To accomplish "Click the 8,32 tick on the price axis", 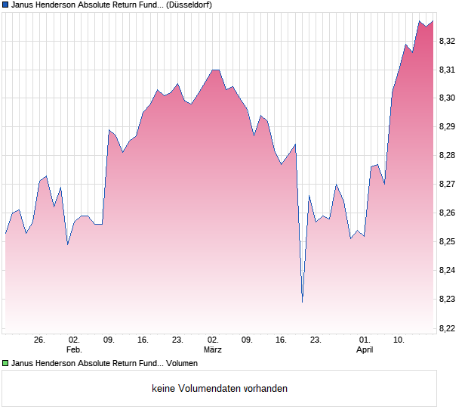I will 448,41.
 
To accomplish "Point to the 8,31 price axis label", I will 448,70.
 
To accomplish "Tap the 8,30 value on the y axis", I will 448,98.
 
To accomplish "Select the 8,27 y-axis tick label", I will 448,185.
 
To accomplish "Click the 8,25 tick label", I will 448,242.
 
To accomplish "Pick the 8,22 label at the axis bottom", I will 448,328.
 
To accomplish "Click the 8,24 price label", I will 448,271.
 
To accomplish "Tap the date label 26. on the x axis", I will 40,340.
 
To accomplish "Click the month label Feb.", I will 74,350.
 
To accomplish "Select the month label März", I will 213,350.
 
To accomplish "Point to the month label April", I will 365,350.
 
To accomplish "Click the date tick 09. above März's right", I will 247,340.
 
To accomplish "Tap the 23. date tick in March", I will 316,340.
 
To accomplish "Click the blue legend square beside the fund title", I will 5,5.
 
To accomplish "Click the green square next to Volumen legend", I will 5,363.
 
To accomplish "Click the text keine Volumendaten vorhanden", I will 220,389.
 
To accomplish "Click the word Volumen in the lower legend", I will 182,363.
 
